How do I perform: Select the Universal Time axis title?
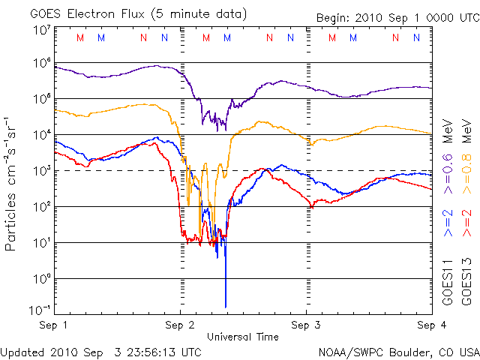243,337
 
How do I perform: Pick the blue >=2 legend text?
448,223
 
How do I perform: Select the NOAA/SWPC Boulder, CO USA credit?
398,352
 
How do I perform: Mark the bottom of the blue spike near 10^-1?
226,307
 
